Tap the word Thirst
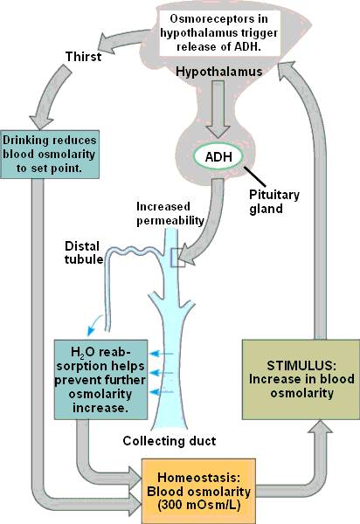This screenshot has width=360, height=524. point(85,57)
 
